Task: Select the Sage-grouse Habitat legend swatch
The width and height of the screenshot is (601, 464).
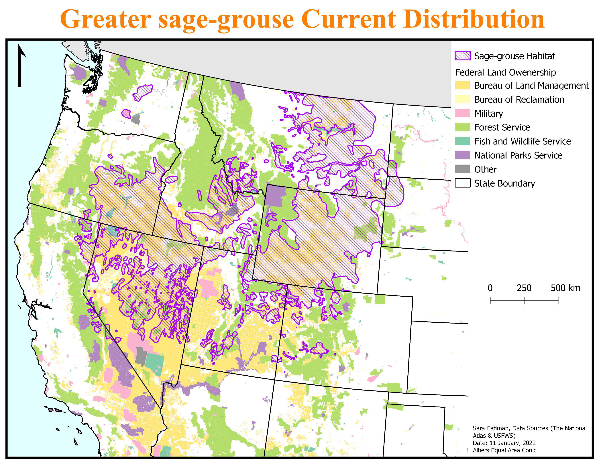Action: (x=462, y=56)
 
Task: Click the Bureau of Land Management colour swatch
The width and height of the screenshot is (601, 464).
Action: (x=462, y=85)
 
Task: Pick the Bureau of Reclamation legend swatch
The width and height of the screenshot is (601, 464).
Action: (x=462, y=99)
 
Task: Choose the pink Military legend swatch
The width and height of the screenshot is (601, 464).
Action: (x=462, y=113)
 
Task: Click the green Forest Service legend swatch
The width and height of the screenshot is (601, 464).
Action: (x=462, y=127)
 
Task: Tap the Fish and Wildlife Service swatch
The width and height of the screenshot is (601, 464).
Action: (x=462, y=141)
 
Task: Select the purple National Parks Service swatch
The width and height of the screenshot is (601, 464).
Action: (x=462, y=155)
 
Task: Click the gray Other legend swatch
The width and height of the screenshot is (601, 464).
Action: (x=462, y=169)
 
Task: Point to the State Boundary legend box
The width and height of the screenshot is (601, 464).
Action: (x=462, y=183)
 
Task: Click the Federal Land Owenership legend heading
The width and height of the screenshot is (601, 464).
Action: (x=505, y=72)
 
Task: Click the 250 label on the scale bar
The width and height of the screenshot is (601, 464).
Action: (x=524, y=288)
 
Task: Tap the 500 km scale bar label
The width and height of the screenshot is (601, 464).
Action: (x=565, y=288)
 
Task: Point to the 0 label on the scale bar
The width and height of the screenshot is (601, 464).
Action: (x=490, y=288)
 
